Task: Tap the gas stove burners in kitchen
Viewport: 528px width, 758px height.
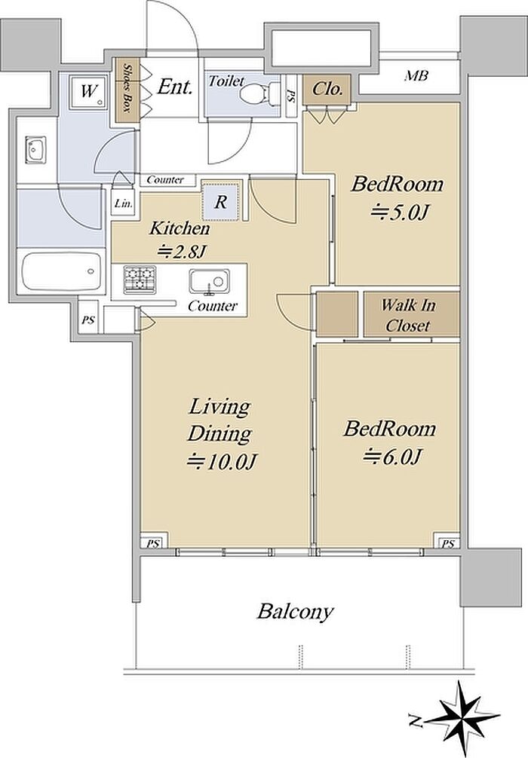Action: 140,280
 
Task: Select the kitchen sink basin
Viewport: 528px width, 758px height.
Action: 209,281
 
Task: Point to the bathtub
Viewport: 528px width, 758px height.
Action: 61,271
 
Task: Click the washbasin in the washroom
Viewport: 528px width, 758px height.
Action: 35,151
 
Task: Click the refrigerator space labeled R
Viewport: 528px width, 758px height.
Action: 221,201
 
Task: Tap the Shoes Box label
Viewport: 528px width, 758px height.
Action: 127,90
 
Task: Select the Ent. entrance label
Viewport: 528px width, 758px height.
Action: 175,87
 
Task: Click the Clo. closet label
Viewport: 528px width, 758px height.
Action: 327,89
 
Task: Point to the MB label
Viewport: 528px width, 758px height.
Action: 416,76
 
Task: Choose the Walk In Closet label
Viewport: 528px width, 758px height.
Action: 408,315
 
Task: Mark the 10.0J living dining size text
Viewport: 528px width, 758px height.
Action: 221,461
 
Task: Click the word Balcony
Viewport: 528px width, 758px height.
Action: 295,612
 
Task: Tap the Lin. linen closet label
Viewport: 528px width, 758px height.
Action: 124,204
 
